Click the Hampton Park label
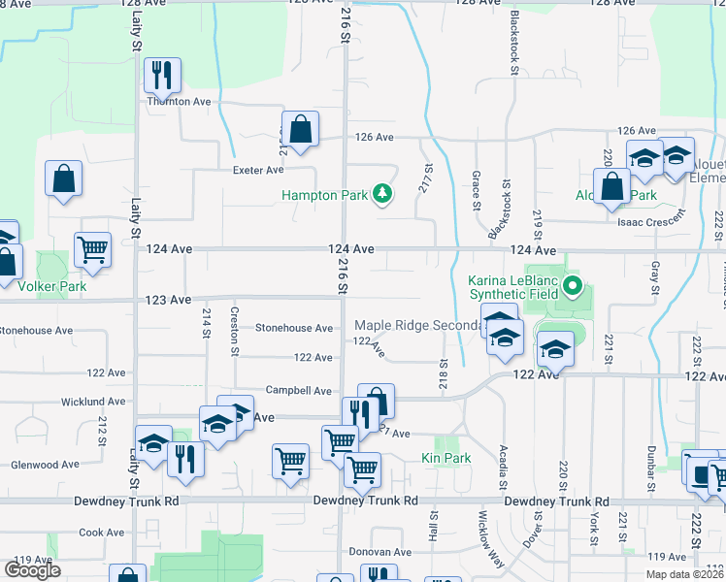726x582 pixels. [324, 195]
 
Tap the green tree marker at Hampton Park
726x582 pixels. [383, 195]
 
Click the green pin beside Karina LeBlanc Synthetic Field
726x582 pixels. [573, 286]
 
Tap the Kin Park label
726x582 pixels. [446, 457]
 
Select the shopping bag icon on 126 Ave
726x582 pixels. [301, 128]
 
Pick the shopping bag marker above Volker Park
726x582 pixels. [63, 178]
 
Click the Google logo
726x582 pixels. [32, 570]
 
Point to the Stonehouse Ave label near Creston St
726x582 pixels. [294, 329]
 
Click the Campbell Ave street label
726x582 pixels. [299, 390]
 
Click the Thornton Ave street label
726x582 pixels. [179, 101]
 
